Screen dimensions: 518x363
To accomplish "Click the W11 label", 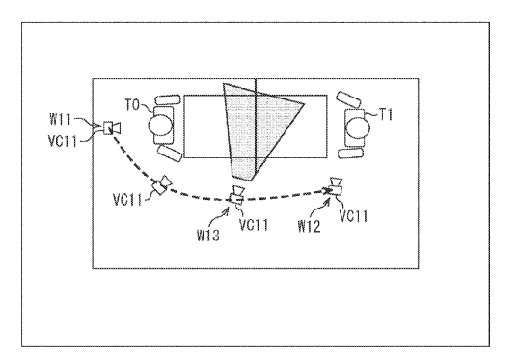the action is (60, 119).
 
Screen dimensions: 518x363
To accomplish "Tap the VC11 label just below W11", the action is (63, 141).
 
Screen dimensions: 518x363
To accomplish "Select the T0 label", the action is (132, 105).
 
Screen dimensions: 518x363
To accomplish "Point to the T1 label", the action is (385, 115).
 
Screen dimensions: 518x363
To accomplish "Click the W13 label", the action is (208, 236).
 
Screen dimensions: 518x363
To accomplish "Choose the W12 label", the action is (309, 227).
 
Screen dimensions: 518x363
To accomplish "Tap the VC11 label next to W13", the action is (254, 225).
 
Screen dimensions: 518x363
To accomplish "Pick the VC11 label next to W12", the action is (353, 216).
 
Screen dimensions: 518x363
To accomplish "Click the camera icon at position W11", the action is (112, 128).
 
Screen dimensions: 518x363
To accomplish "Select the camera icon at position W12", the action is (336, 186).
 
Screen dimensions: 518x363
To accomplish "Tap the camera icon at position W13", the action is (237, 195).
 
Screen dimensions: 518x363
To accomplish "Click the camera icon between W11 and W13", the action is (162, 185).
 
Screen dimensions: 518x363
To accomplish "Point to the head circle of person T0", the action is (160, 126).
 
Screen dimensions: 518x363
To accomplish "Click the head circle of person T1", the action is (358, 127).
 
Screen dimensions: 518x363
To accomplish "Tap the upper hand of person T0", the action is (168, 99).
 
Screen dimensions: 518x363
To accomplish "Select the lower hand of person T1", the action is (350, 154).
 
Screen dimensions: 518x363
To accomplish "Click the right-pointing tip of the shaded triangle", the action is (304, 104).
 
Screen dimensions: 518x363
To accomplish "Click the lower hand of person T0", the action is (170, 154).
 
